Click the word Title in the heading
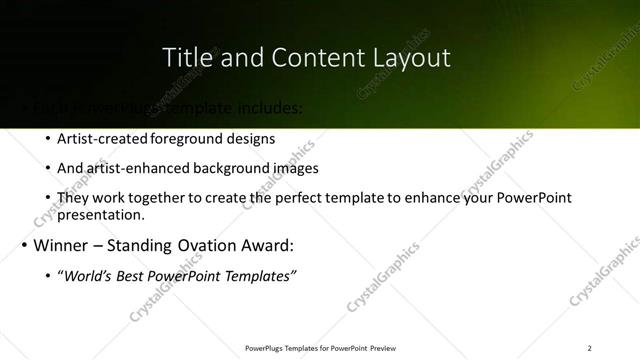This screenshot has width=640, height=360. pyautogui.click(x=186, y=58)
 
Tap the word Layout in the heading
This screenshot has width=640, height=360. pyautogui.click(x=411, y=58)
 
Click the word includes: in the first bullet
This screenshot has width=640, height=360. pyautogui.click(x=265, y=107)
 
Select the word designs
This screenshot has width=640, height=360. pyautogui.click(x=252, y=139)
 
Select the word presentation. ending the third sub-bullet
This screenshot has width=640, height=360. pyautogui.click(x=101, y=214)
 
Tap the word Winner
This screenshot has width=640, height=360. pyautogui.click(x=66, y=245)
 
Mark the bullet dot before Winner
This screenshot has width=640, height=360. pyautogui.click(x=23, y=246)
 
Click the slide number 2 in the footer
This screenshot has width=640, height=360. pyautogui.click(x=589, y=348)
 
